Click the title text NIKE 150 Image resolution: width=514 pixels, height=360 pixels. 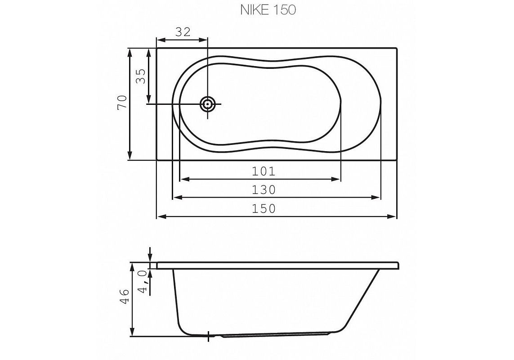coord(268,10)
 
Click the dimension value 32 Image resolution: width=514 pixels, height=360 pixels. coord(182,32)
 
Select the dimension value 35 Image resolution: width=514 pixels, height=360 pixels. coord(140,76)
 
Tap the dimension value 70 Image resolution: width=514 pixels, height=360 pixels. coord(121,103)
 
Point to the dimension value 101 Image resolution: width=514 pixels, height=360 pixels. coord(263,171)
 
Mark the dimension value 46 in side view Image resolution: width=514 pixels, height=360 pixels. coord(125,297)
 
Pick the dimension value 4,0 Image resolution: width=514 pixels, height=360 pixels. coord(143,282)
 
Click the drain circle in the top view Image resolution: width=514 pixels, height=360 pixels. coord(208,104)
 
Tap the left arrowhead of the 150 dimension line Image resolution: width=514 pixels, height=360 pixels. coord(160,217)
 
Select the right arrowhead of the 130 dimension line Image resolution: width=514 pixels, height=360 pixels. coord(377,197)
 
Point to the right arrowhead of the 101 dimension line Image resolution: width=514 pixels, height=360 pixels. coord(337,179)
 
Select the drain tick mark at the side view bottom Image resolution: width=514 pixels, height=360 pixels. coord(209,335)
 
